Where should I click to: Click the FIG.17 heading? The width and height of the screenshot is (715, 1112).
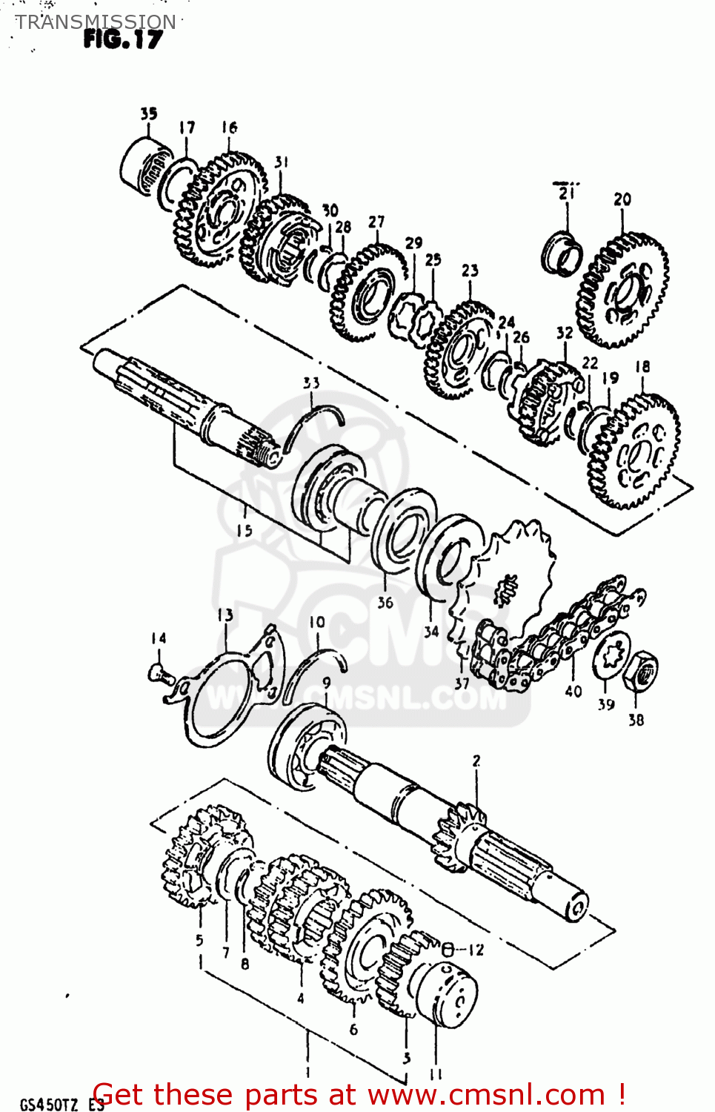[122, 39]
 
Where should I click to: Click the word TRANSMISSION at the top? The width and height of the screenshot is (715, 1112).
[96, 21]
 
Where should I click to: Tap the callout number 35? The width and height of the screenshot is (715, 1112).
[149, 113]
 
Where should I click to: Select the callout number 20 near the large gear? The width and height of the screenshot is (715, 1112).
[622, 199]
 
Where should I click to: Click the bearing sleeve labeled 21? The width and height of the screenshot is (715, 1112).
[562, 252]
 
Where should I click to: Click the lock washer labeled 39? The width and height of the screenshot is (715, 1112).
[611, 655]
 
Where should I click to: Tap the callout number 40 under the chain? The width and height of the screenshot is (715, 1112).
[573, 691]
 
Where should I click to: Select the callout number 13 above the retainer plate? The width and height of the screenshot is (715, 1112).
[225, 615]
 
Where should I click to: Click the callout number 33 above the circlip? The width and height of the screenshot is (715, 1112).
[311, 383]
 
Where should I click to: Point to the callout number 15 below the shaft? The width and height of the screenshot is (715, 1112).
[245, 530]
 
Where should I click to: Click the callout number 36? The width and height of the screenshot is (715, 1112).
[385, 603]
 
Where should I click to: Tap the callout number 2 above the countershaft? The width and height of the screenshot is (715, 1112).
[476, 761]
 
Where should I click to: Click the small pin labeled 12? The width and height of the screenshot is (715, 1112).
[448, 948]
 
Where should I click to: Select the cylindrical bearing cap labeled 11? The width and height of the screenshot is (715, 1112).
[445, 993]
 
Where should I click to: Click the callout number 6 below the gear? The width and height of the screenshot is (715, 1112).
[353, 1029]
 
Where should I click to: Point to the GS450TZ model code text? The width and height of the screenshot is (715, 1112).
[49, 1104]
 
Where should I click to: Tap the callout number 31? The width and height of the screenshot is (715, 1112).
[282, 162]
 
